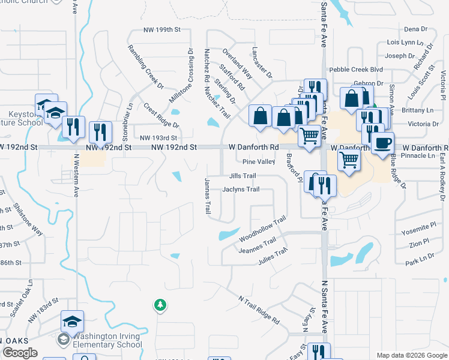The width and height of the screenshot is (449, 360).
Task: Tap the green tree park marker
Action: (160, 305)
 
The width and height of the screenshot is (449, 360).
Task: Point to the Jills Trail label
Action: (243, 176)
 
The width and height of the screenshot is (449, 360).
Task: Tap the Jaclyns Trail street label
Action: (241, 190)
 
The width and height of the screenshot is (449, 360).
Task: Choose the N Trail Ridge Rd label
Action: (259, 310)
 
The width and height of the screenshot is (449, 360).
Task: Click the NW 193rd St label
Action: (158, 137)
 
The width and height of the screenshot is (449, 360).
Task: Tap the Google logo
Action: (20, 353)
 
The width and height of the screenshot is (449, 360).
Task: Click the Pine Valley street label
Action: (259, 162)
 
